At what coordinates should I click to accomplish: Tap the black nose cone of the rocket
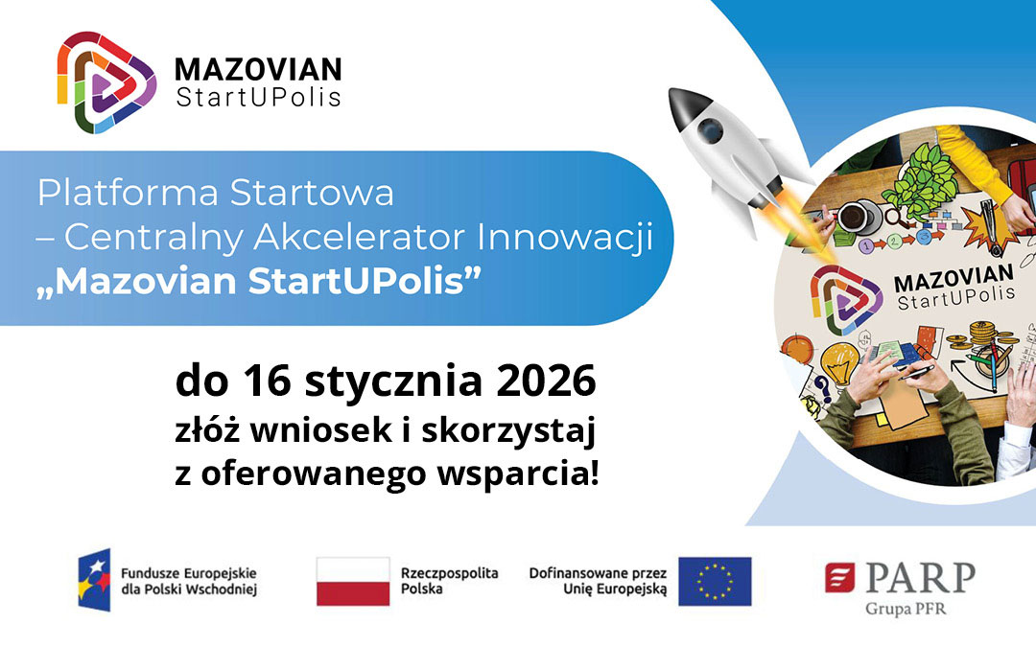(x=682, y=100)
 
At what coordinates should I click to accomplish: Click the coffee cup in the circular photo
(x=852, y=216)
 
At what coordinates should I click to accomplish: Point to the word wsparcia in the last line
(x=531, y=474)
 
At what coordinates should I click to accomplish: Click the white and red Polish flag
(x=353, y=581)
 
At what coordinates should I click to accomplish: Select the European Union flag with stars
(x=715, y=581)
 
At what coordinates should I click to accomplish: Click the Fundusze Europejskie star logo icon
(x=94, y=580)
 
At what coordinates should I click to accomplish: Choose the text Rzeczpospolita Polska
(x=450, y=580)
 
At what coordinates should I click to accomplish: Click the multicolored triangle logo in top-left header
(x=106, y=81)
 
